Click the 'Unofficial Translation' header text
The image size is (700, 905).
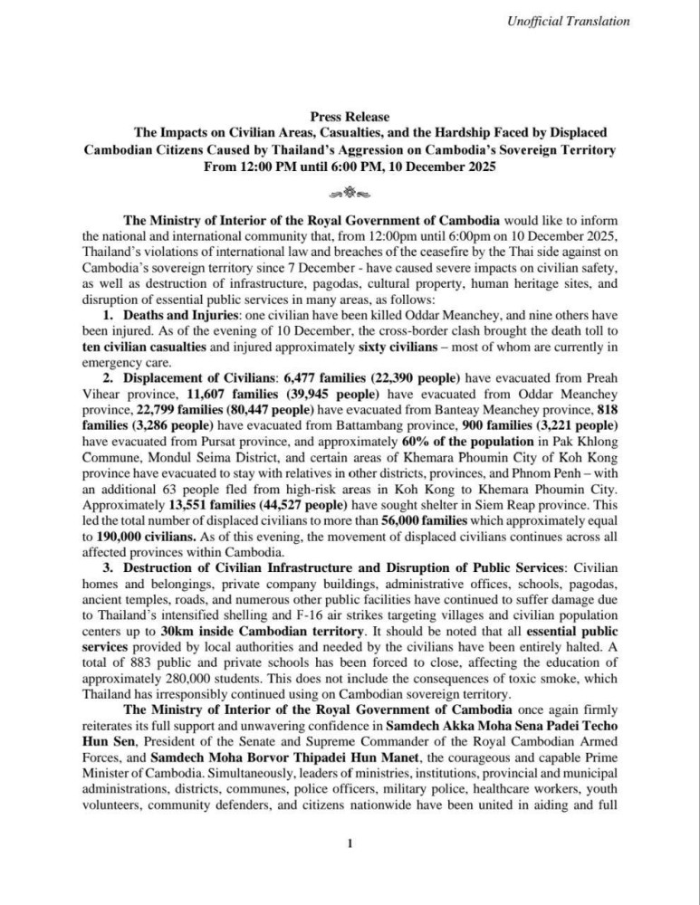click(568, 21)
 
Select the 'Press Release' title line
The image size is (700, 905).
click(350, 117)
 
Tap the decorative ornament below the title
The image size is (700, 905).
click(350, 191)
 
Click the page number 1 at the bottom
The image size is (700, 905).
click(350, 843)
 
